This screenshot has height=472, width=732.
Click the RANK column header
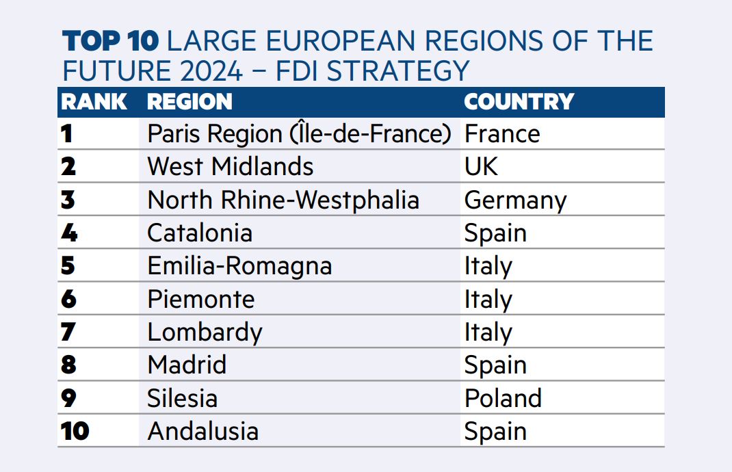[x=94, y=102]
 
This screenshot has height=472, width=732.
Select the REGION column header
[x=189, y=102]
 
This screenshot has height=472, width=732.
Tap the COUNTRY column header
[x=519, y=102]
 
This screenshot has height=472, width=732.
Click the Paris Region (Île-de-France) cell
[x=299, y=133]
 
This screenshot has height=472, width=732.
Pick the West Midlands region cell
[x=230, y=167]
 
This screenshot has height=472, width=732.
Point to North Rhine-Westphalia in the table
[x=283, y=200]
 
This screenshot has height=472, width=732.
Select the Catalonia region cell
[x=200, y=233]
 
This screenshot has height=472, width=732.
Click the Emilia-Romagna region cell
[x=239, y=266]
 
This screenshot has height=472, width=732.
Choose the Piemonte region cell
[x=201, y=299]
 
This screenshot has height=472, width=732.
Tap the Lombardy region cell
[x=205, y=332]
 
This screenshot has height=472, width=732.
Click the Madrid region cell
[x=187, y=365]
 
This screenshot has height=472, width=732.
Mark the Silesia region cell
[x=183, y=398]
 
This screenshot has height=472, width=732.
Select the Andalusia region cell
[x=203, y=432]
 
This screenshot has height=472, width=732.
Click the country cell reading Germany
[x=515, y=200]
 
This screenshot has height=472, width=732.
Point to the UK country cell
[x=482, y=167]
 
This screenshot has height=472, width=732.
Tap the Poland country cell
[x=504, y=398]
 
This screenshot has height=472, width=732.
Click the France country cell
[x=502, y=134]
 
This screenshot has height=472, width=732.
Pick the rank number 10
[x=75, y=431]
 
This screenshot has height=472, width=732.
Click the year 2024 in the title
[x=211, y=71]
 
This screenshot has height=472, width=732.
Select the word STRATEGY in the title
[x=397, y=71]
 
